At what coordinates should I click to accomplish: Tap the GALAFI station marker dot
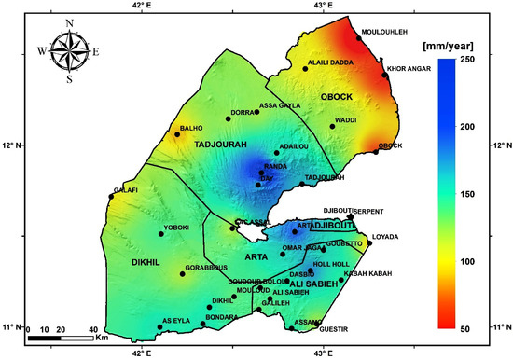tap(112, 196)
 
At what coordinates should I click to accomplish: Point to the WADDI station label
tap(346, 120)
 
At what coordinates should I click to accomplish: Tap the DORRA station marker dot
tap(228, 118)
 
